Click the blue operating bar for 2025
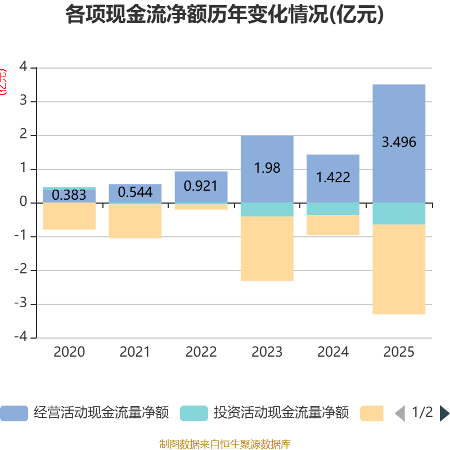coord(399,112)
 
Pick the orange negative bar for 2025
coord(399,270)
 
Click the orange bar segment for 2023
coord(267,249)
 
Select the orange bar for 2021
coord(135,222)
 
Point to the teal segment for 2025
coord(399,214)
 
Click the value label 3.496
coord(399,142)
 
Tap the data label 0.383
coord(69,195)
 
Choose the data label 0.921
coord(201,186)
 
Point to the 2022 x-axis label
coord(201,352)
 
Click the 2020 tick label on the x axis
coord(69,352)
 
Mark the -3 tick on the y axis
coord(23,304)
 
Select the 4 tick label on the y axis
coord(23,67)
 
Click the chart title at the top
coord(225,15)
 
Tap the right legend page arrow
coord(444,413)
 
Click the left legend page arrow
coord(400,413)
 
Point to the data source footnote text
coord(225,444)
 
